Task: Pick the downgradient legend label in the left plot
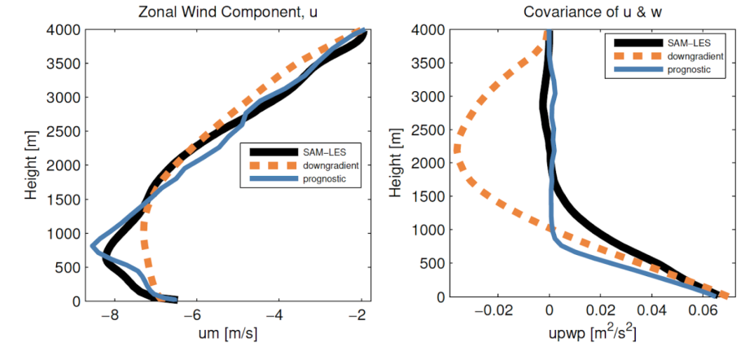(310, 165)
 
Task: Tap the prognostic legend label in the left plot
(306, 178)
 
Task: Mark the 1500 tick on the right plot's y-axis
(432, 196)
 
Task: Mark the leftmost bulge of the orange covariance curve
(457, 149)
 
